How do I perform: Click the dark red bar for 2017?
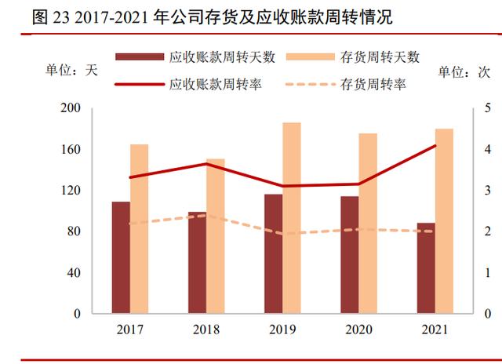tap(121, 257)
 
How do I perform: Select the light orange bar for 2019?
tap(292, 218)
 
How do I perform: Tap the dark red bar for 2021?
tap(426, 268)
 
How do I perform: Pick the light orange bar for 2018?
tap(216, 236)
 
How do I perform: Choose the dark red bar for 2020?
tap(350, 255)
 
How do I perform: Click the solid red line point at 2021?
tap(435, 146)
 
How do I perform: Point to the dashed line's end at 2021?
tap(433, 231)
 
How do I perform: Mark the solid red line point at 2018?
tap(206, 164)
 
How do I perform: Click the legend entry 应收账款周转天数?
tap(195, 57)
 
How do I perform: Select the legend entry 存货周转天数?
tap(353, 57)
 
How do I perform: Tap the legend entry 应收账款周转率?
tap(188, 85)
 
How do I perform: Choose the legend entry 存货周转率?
tap(346, 85)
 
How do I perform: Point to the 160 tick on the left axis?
tap(71, 149)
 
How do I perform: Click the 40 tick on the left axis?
tap(74, 273)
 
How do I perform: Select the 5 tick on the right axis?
tap(487, 108)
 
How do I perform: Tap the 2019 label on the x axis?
tap(282, 329)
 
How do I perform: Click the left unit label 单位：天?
tap(71, 70)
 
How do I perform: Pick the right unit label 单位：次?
tap(464, 71)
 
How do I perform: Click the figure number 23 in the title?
tap(61, 17)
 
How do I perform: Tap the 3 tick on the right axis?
tap(487, 190)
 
